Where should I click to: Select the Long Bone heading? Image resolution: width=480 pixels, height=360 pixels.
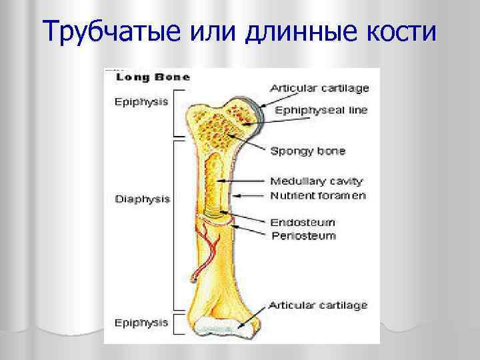click(x=153, y=77)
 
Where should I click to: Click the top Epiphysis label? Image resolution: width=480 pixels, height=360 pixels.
click(x=141, y=102)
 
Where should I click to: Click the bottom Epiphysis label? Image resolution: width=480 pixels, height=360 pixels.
click(x=141, y=322)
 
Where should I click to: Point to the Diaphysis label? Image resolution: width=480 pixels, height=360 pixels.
click(x=143, y=199)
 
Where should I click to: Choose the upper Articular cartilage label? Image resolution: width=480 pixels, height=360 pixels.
click(x=319, y=87)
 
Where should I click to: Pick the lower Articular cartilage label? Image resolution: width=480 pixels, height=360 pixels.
click(x=318, y=305)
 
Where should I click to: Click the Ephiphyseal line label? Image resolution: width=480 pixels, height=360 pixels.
click(x=319, y=110)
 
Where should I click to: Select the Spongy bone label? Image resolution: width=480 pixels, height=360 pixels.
click(x=307, y=151)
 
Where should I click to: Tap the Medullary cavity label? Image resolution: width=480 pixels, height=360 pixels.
click(x=316, y=181)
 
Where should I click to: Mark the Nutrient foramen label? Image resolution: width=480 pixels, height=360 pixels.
click(x=317, y=195)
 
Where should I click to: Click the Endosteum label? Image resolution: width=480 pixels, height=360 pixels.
click(x=303, y=222)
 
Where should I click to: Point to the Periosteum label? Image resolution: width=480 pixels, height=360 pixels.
click(x=303, y=236)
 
